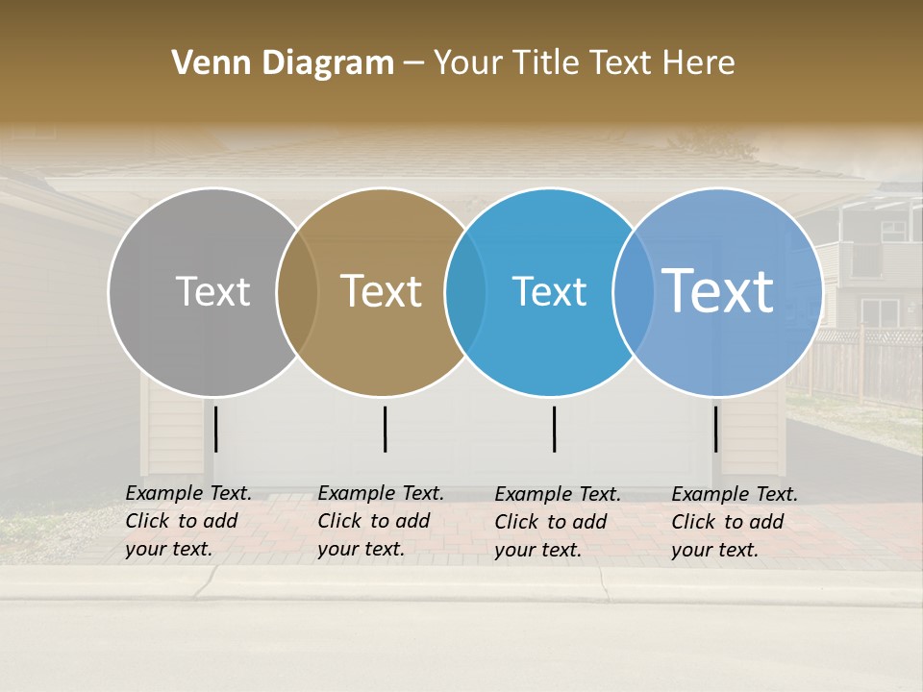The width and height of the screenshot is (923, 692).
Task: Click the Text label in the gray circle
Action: (x=212, y=291)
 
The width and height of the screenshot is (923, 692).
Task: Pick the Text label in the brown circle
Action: (x=381, y=291)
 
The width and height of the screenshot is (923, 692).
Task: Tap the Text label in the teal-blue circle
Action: (x=549, y=291)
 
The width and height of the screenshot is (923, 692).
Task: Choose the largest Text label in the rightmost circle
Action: (x=718, y=291)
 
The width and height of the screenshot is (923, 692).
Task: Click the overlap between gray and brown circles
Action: (x=297, y=292)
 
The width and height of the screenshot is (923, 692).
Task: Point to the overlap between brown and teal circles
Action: (x=465, y=292)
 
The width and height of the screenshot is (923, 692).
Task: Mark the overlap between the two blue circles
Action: (x=633, y=292)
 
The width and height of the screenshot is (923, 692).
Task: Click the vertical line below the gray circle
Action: (x=216, y=429)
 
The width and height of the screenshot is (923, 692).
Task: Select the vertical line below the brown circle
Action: (x=385, y=429)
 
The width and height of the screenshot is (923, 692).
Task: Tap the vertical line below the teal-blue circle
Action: (x=554, y=429)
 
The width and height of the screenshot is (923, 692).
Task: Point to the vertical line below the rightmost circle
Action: (x=715, y=429)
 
